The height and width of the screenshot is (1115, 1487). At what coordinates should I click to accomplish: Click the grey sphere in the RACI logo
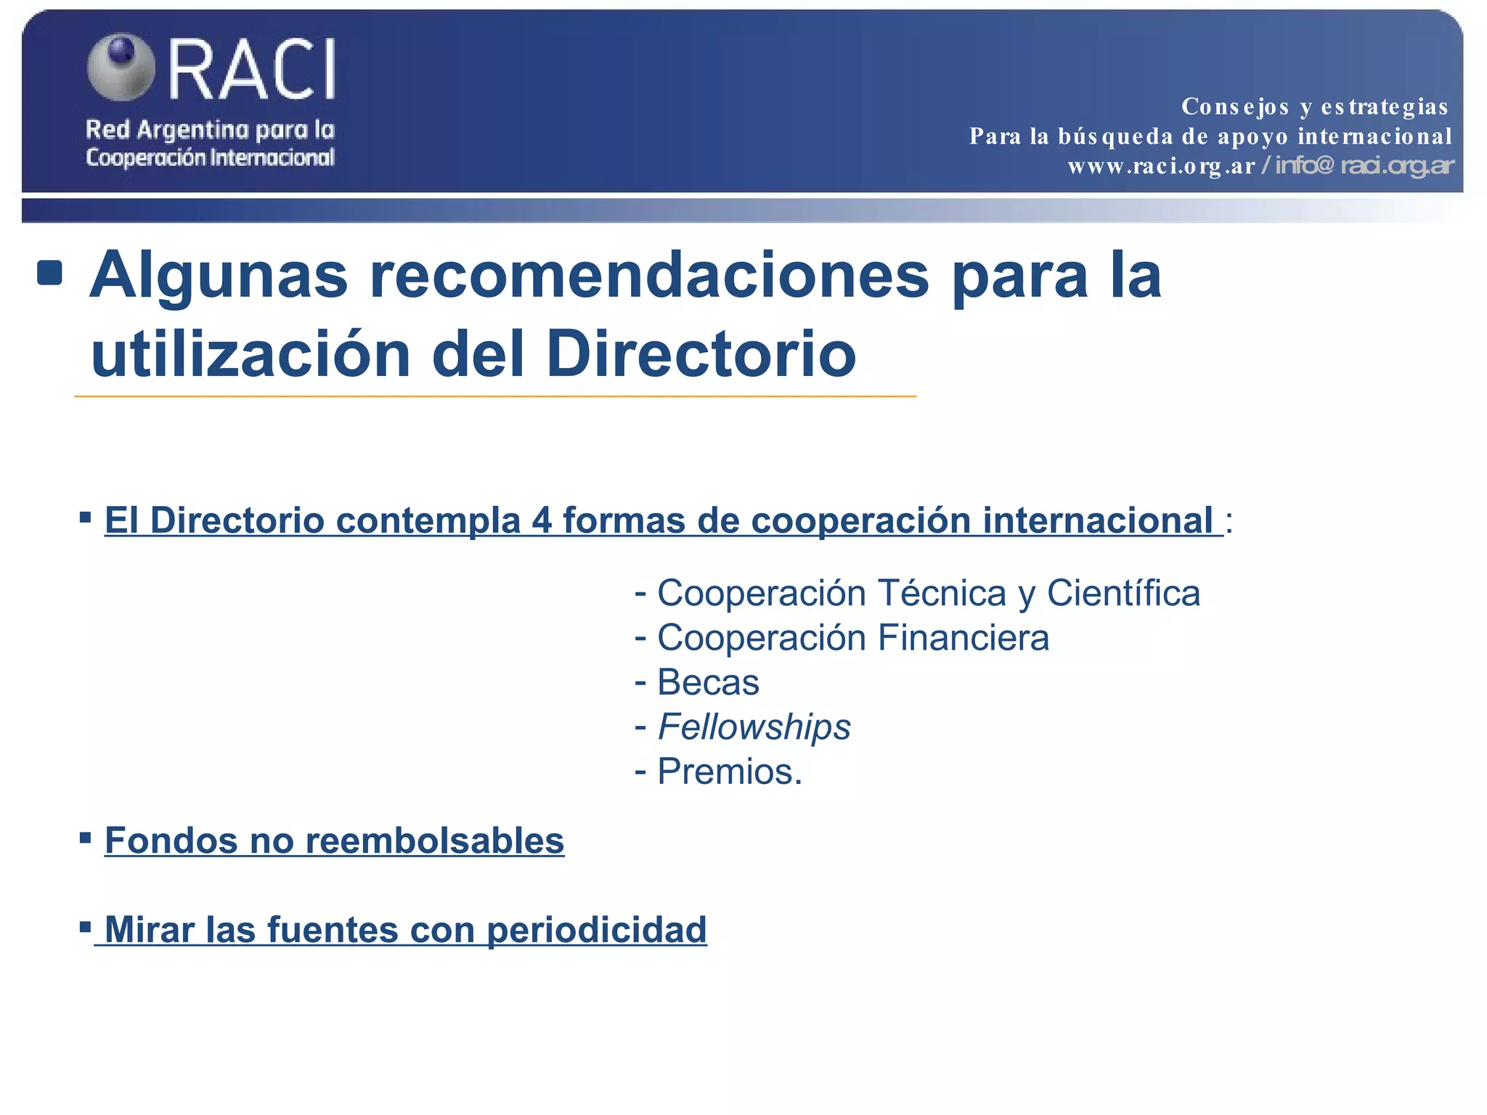pos(121,67)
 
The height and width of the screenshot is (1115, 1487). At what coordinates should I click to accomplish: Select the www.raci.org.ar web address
pos(1161,166)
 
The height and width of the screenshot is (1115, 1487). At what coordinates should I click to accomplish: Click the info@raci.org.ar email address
pos(1364,166)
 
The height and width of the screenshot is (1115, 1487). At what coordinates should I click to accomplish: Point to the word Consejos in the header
pos(1235,107)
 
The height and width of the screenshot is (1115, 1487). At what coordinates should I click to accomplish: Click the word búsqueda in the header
pos(1115,136)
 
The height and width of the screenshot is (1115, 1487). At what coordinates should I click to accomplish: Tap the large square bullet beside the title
pos(50,273)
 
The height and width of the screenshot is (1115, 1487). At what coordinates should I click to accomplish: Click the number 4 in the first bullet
pos(542,520)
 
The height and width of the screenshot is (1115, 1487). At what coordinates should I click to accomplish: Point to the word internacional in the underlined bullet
pos(1097,520)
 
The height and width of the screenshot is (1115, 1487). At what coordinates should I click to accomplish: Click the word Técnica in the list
pos(942,593)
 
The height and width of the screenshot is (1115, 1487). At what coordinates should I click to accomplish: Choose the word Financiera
pos(963,638)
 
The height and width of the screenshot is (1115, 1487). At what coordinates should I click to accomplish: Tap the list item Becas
pos(708,682)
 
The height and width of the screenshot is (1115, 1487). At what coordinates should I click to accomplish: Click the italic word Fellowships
pos(754,727)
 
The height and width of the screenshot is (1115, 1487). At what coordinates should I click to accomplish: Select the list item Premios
pos(729,772)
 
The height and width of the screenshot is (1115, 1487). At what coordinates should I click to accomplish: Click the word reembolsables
pos(434,841)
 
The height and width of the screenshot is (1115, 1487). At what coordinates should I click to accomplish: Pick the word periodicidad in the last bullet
pos(596,930)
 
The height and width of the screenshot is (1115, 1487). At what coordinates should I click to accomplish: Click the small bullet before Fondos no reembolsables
pos(86,839)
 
